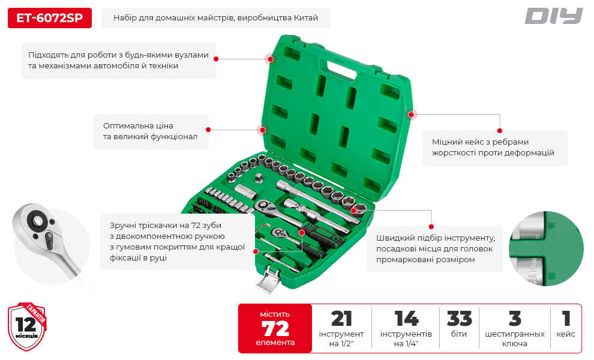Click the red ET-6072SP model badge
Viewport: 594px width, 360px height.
(x=50, y=18)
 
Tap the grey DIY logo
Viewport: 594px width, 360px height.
(x=553, y=16)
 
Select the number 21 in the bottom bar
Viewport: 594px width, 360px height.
(x=341, y=319)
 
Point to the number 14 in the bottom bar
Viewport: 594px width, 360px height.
(x=406, y=319)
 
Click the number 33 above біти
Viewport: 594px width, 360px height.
(x=459, y=319)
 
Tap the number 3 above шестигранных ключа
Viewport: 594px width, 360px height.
(x=515, y=319)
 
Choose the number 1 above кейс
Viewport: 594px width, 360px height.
(x=566, y=319)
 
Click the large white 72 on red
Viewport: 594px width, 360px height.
(x=275, y=328)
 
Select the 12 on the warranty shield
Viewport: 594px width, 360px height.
(x=26, y=325)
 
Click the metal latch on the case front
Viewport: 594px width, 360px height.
(x=269, y=279)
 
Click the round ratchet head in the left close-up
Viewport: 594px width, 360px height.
(x=37, y=221)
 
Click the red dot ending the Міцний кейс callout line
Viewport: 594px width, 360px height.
(x=500, y=131)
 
